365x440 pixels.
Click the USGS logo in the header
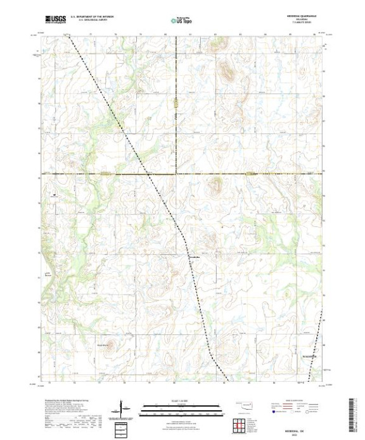(56, 20)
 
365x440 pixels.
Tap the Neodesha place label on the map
(196, 257)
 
